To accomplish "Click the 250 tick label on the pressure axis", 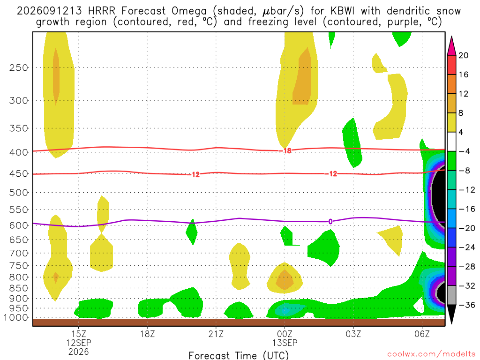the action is click(19, 67).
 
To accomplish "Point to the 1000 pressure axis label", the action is click(16, 318).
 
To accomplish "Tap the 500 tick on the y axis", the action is click(19, 193).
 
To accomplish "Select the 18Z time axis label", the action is click(147, 334).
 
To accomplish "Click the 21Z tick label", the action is click(216, 334).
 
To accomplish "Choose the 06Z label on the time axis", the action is click(422, 334).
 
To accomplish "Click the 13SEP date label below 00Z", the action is click(285, 343).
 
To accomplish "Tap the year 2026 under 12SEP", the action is click(79, 352).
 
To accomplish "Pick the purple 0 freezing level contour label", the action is click(330, 222).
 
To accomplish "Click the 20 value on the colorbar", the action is click(464, 55).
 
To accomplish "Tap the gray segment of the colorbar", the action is click(451, 295).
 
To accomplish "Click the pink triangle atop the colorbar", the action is click(451, 45).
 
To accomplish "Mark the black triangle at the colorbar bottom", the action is click(451, 314).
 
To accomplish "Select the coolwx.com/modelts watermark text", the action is click(431, 354).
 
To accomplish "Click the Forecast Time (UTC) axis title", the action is click(239, 355).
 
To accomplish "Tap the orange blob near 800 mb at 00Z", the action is click(285, 279).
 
